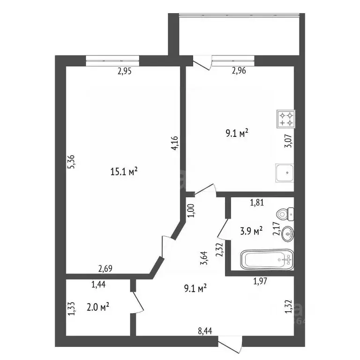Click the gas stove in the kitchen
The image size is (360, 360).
pos(285,119)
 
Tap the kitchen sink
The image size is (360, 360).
pos(285,173)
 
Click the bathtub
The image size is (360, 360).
pos(267,260)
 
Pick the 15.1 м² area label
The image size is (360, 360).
pos(124,171)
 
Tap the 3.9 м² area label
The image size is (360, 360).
pos(251,231)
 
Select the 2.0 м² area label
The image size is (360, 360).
pos(98,307)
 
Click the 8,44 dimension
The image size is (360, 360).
pos(205,331)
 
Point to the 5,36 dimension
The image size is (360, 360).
pos(71,162)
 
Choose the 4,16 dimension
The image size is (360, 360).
pos(175,143)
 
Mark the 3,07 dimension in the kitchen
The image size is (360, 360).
pos(288,141)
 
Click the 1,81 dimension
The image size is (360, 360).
pos(257,202)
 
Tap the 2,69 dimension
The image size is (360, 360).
pos(105,269)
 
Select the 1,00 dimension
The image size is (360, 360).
pos(191,210)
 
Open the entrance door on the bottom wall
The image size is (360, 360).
pos(230,345)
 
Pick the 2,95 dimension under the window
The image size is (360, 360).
pos(125,71)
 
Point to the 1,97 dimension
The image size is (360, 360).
pos(260,281)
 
